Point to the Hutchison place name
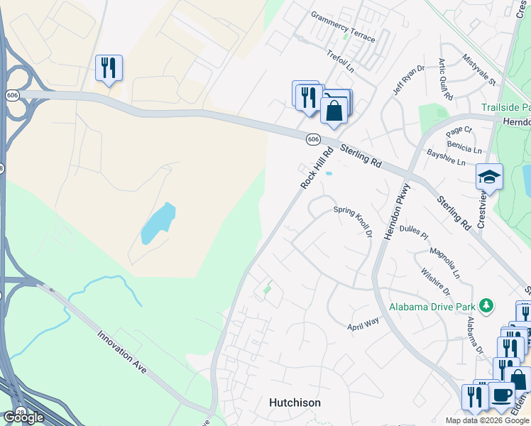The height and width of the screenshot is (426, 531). (295, 403)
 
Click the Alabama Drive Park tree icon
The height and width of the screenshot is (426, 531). (486, 306)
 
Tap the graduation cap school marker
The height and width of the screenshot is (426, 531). (489, 177)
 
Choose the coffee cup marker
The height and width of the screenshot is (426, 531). (501, 395)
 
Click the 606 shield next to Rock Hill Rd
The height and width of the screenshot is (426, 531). (313, 139)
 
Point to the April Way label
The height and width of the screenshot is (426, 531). (363, 324)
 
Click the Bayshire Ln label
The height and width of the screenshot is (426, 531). (446, 157)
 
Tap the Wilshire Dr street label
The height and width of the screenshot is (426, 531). (435, 281)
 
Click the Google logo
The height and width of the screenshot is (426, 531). (23, 417)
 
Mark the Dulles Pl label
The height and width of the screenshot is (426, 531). (414, 231)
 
